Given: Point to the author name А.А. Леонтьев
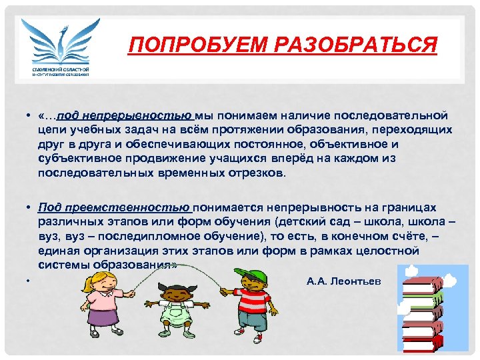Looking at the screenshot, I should [344, 281].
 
